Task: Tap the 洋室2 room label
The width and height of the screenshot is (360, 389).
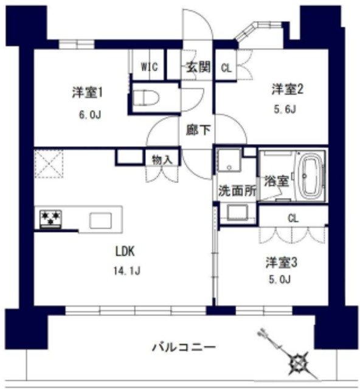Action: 286,90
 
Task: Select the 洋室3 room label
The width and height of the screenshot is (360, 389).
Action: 280,263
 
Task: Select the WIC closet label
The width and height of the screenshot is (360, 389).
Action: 150,67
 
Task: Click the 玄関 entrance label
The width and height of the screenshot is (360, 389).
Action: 199,67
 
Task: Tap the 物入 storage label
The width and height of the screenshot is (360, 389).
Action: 162,159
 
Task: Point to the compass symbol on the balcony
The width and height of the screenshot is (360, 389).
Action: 299,363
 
